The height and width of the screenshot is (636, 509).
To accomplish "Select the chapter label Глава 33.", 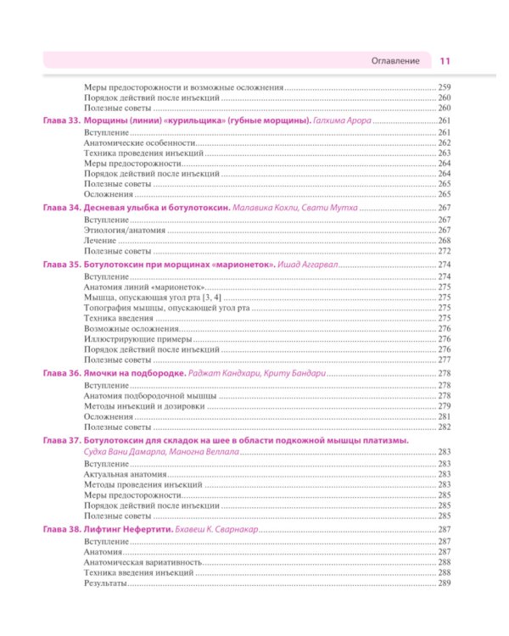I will click(x=59, y=122).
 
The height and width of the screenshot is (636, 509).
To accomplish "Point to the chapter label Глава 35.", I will click(x=59, y=265).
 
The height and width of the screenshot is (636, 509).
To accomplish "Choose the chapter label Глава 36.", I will click(x=59, y=373).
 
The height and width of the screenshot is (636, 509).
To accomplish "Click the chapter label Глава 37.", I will click(x=59, y=442).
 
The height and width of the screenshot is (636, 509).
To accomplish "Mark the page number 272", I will click(x=445, y=252).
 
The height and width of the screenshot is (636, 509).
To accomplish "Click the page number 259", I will click(x=445, y=88).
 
